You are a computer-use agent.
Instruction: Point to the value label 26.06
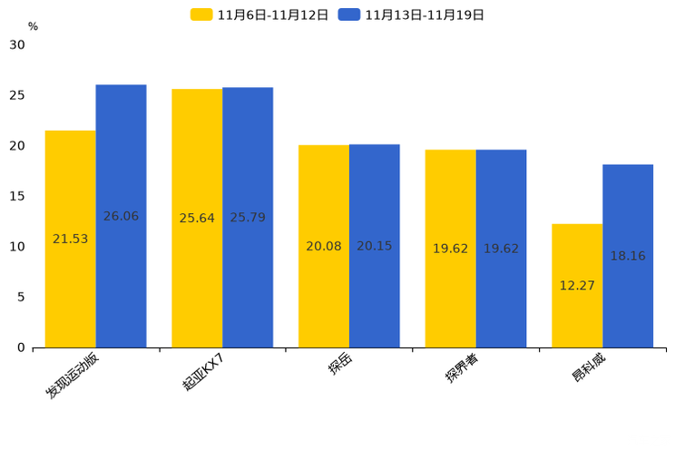pos(121,217)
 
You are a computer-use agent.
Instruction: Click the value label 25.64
pos(197,219)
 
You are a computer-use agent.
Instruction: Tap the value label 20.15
pos(374,246)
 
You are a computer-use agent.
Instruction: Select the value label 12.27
pos(576,286)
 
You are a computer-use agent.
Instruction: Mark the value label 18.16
pos(627,257)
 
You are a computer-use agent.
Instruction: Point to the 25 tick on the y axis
pos(18,95)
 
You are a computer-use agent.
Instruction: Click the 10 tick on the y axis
pos(18,247)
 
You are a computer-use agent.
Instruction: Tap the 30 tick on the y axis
pos(18,44)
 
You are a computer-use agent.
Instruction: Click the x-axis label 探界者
pos(464,368)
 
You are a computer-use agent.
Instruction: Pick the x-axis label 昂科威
pos(589,367)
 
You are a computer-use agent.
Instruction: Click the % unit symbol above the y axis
pos(33,26)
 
